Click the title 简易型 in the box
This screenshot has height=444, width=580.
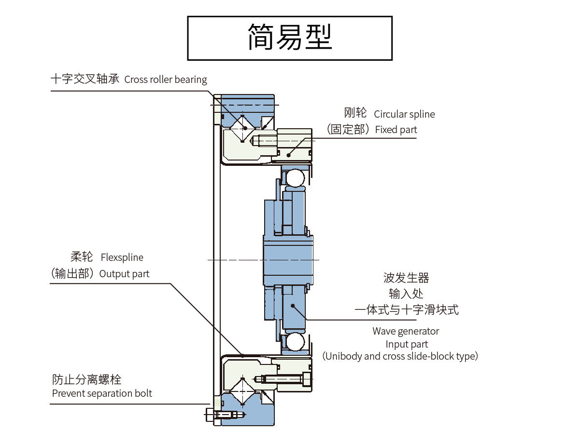pos(290,38)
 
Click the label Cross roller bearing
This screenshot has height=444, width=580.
pos(165,80)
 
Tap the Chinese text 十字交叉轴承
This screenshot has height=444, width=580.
pos(85,79)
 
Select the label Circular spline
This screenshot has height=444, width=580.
pos(404,114)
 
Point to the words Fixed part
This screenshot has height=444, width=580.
pos(396,130)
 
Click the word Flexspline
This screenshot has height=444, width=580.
pos(122,258)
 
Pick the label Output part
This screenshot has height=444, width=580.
pos(124,274)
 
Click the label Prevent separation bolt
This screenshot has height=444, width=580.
pos(102,393)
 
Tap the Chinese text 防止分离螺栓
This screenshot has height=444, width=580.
pos(86,379)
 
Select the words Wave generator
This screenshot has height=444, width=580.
pos(406,331)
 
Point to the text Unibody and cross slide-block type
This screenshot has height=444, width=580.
pos(400,356)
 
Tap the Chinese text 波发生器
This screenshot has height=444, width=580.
pos(406,278)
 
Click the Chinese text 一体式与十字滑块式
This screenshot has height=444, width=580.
pos(407,309)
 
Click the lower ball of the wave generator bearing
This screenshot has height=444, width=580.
pos(294,343)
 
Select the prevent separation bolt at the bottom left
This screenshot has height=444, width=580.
pos(224,415)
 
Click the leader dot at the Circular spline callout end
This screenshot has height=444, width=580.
pos(289,154)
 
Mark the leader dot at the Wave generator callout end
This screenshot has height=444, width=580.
pos(293,305)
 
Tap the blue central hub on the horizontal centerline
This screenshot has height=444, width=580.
pos(288,260)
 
